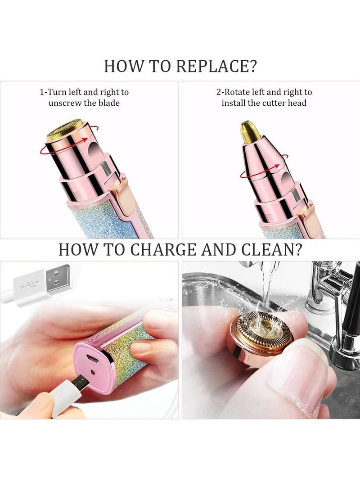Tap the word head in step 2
point(297,103)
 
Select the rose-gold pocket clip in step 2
point(310,216)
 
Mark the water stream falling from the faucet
point(269,288)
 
